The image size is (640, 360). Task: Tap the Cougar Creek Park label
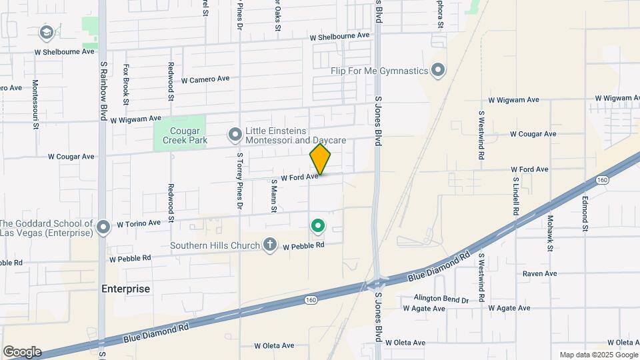click(x=179, y=135)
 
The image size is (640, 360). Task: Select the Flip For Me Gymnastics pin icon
click(x=438, y=70)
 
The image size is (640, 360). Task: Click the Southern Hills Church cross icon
click(x=270, y=245)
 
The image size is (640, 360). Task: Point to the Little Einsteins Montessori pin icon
click(x=235, y=135)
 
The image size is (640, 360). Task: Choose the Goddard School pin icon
click(x=103, y=228)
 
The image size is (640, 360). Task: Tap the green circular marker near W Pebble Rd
click(x=319, y=227)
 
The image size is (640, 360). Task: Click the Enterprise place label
click(x=126, y=289)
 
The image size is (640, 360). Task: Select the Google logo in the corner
click(x=22, y=352)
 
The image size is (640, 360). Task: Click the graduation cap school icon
click(x=46, y=32)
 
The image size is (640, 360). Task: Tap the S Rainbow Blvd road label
click(x=103, y=91)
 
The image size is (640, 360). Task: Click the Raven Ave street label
click(x=539, y=273)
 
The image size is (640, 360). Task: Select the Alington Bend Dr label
click(x=441, y=299)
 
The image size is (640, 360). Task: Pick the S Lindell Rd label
click(x=516, y=195)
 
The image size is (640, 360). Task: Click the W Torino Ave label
click(x=139, y=223)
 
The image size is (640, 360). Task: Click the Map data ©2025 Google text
click(x=598, y=355)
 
